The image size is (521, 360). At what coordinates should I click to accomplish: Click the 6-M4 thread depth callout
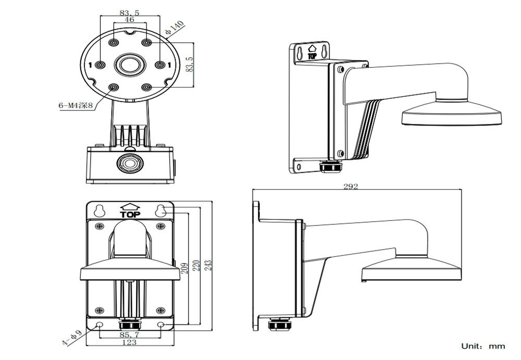75,106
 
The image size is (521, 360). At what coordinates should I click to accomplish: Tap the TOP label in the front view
130,214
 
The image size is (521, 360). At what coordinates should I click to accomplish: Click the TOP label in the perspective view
313,55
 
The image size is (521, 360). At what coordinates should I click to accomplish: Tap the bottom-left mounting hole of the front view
100,325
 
